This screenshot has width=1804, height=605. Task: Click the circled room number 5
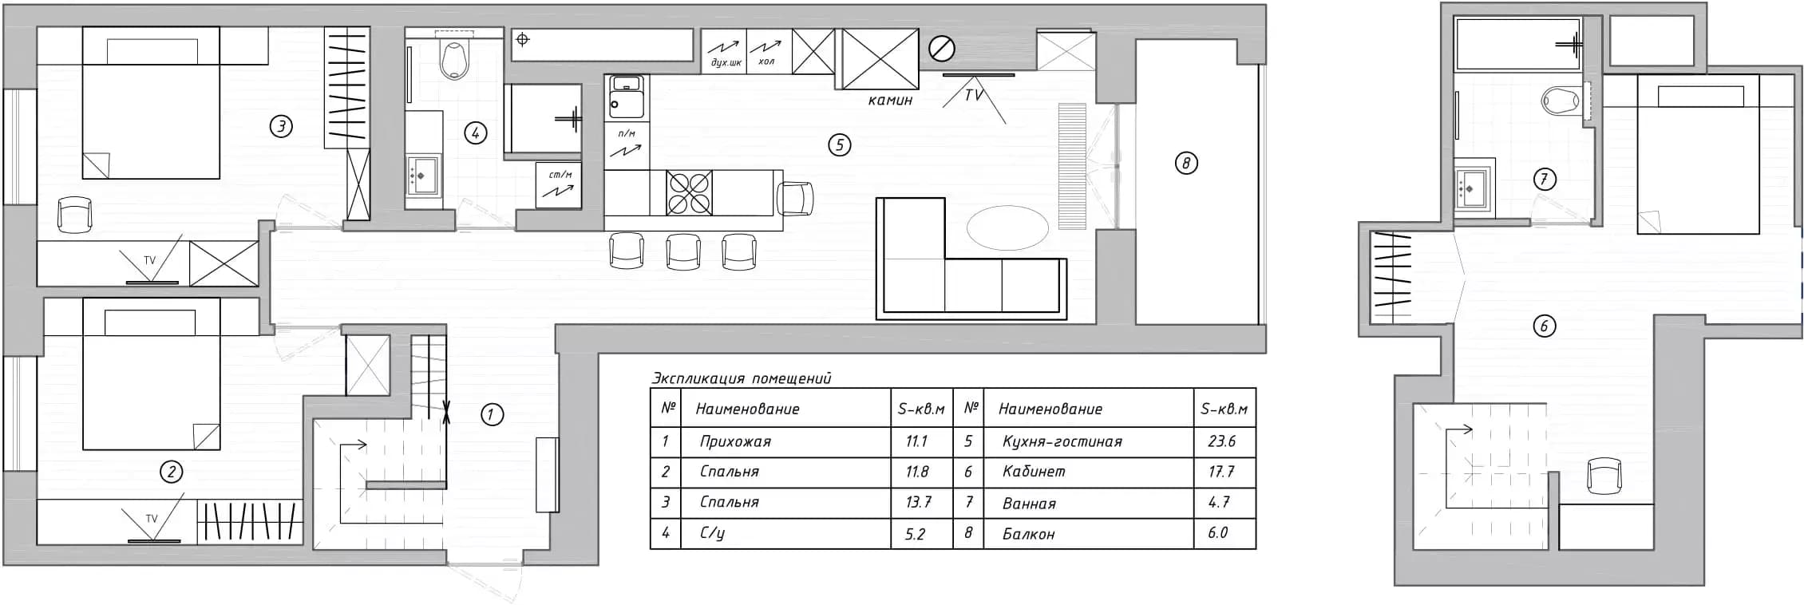tap(839, 144)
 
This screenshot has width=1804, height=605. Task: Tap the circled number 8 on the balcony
tap(1186, 164)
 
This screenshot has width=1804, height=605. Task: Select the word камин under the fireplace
tap(890, 101)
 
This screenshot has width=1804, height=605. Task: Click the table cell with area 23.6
tap(1221, 441)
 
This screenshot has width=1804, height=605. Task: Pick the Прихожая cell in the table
tap(735, 441)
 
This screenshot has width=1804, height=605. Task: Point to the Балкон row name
tap(1029, 534)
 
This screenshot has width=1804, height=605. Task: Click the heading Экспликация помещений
tap(742, 378)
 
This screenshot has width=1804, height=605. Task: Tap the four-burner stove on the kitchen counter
tap(690, 192)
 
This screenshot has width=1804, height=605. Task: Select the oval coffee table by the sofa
tap(1007, 227)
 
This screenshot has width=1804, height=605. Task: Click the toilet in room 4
tap(454, 60)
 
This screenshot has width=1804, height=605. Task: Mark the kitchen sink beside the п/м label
tap(627, 94)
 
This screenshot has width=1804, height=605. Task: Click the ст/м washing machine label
tap(560, 175)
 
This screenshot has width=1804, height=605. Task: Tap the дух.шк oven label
tap(725, 62)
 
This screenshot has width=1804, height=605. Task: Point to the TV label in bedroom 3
tap(149, 260)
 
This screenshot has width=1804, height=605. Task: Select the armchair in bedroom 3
tap(75, 214)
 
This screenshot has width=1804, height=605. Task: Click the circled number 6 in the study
tap(1544, 326)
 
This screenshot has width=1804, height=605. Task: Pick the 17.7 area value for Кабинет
tap(1221, 472)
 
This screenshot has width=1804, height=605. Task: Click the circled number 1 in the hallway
tap(492, 414)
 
